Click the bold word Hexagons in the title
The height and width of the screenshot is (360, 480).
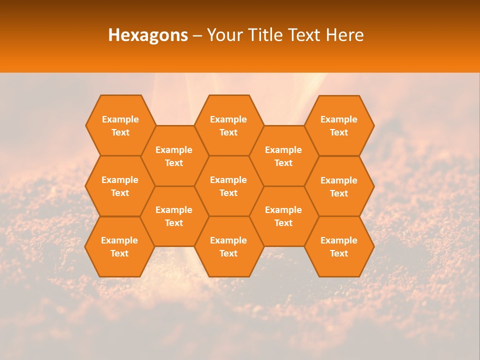click(x=148, y=35)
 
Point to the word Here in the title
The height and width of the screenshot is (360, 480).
click(x=344, y=35)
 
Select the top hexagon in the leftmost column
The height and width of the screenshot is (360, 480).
click(x=120, y=125)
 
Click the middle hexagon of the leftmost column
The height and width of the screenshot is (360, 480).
click(x=120, y=186)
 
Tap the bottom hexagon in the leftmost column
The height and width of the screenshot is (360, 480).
click(x=119, y=246)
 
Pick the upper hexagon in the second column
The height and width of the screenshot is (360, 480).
click(x=174, y=156)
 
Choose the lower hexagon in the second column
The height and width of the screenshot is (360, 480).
click(x=174, y=216)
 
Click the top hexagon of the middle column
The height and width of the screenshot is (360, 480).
click(x=228, y=125)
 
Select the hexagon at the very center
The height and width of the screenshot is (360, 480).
click(x=228, y=186)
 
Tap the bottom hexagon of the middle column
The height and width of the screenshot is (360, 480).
click(x=228, y=246)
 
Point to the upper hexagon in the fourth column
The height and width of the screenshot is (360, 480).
click(x=283, y=156)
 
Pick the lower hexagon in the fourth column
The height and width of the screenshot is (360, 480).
click(x=283, y=216)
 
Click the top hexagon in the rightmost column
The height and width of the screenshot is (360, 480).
click(x=339, y=125)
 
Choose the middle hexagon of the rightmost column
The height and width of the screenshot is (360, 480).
click(x=339, y=186)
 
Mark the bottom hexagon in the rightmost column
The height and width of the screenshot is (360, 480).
click(x=339, y=246)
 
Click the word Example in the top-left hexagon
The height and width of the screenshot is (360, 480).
click(x=120, y=119)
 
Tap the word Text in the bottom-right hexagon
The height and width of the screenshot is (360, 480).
click(x=339, y=253)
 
